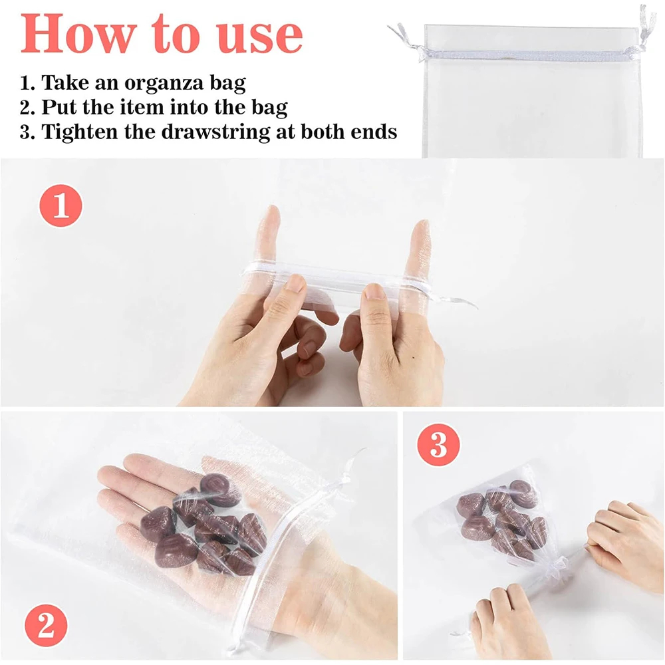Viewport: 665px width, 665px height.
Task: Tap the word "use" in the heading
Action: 259,36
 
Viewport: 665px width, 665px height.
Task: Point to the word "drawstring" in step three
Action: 216,132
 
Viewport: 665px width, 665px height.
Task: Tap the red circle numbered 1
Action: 61,205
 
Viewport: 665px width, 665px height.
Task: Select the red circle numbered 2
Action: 46,626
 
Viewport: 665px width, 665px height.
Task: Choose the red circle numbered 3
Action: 438,445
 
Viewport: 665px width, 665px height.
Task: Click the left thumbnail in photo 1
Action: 295,283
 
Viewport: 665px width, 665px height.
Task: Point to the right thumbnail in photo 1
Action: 374,291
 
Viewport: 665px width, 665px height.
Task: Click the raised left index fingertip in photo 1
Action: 269,215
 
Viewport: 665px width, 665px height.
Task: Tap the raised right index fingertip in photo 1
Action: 421,229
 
